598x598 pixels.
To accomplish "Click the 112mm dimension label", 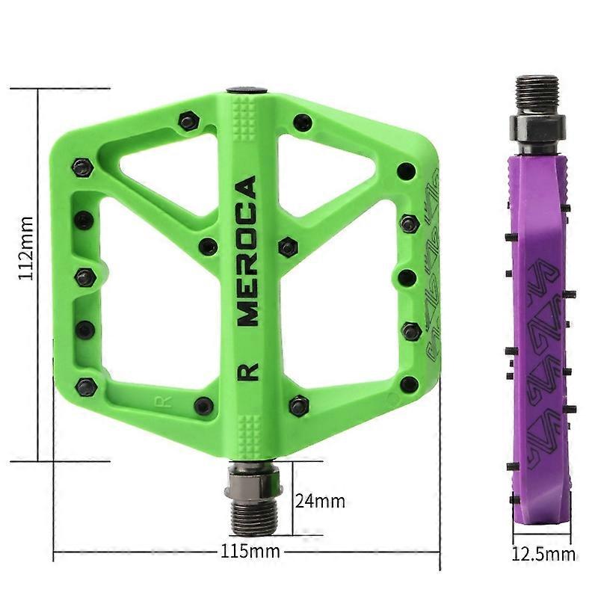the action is tap(27, 248).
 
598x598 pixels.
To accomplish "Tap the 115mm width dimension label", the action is tap(250, 551).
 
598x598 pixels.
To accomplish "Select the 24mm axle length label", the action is tap(320, 501).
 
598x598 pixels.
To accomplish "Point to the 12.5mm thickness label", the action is tap(543, 553).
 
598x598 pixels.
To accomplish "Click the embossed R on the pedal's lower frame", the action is tap(163, 402).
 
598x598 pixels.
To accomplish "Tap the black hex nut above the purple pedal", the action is tap(537, 128).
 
